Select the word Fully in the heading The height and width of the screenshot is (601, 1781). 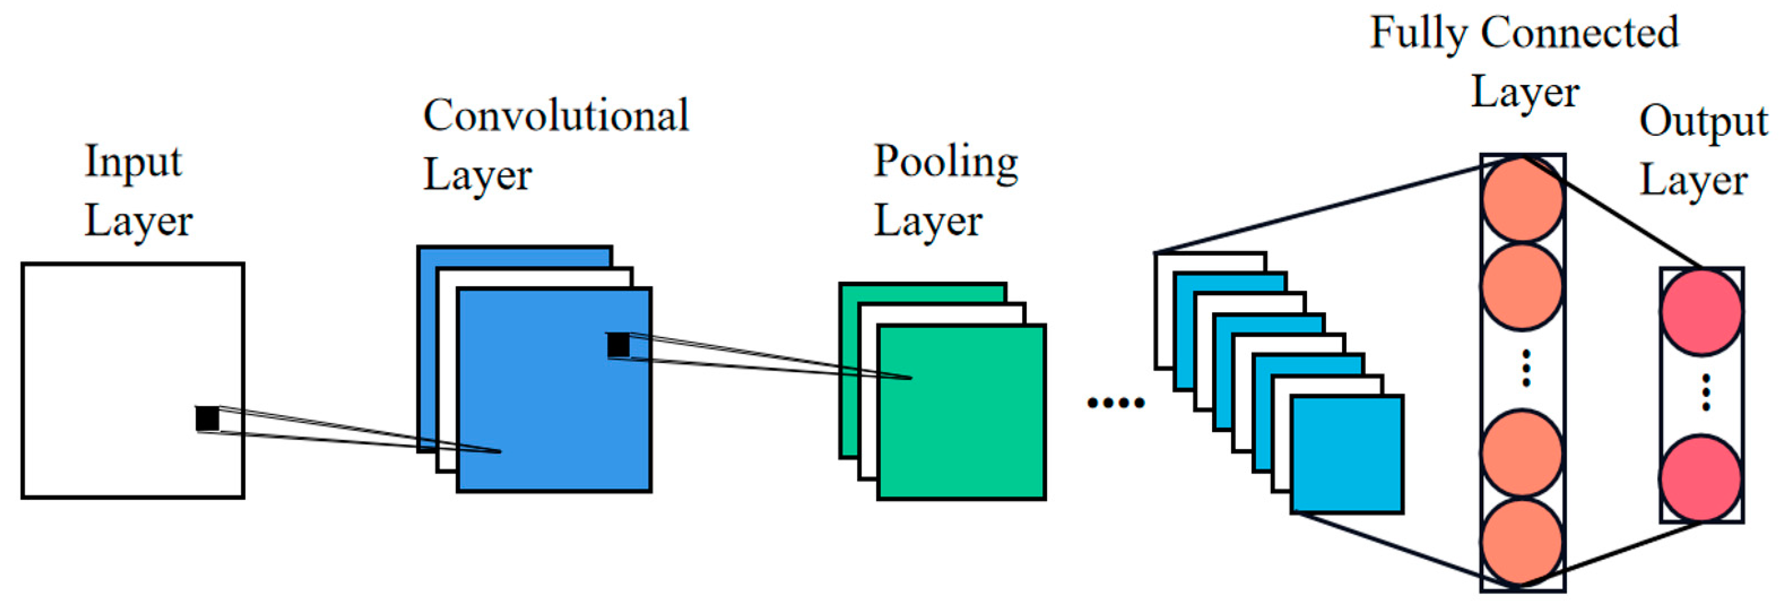coord(1417,33)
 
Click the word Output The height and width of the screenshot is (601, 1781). coord(1703,123)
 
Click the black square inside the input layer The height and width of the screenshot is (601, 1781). coord(207,418)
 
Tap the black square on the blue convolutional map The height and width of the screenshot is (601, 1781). coord(618,344)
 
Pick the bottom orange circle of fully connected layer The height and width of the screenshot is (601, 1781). coord(1522,542)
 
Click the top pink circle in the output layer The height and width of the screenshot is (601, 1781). coord(1701,312)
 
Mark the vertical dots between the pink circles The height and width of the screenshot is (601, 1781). coord(1706,392)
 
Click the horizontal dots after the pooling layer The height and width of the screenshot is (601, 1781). coord(1115,403)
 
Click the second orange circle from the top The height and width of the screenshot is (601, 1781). coord(1522,286)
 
